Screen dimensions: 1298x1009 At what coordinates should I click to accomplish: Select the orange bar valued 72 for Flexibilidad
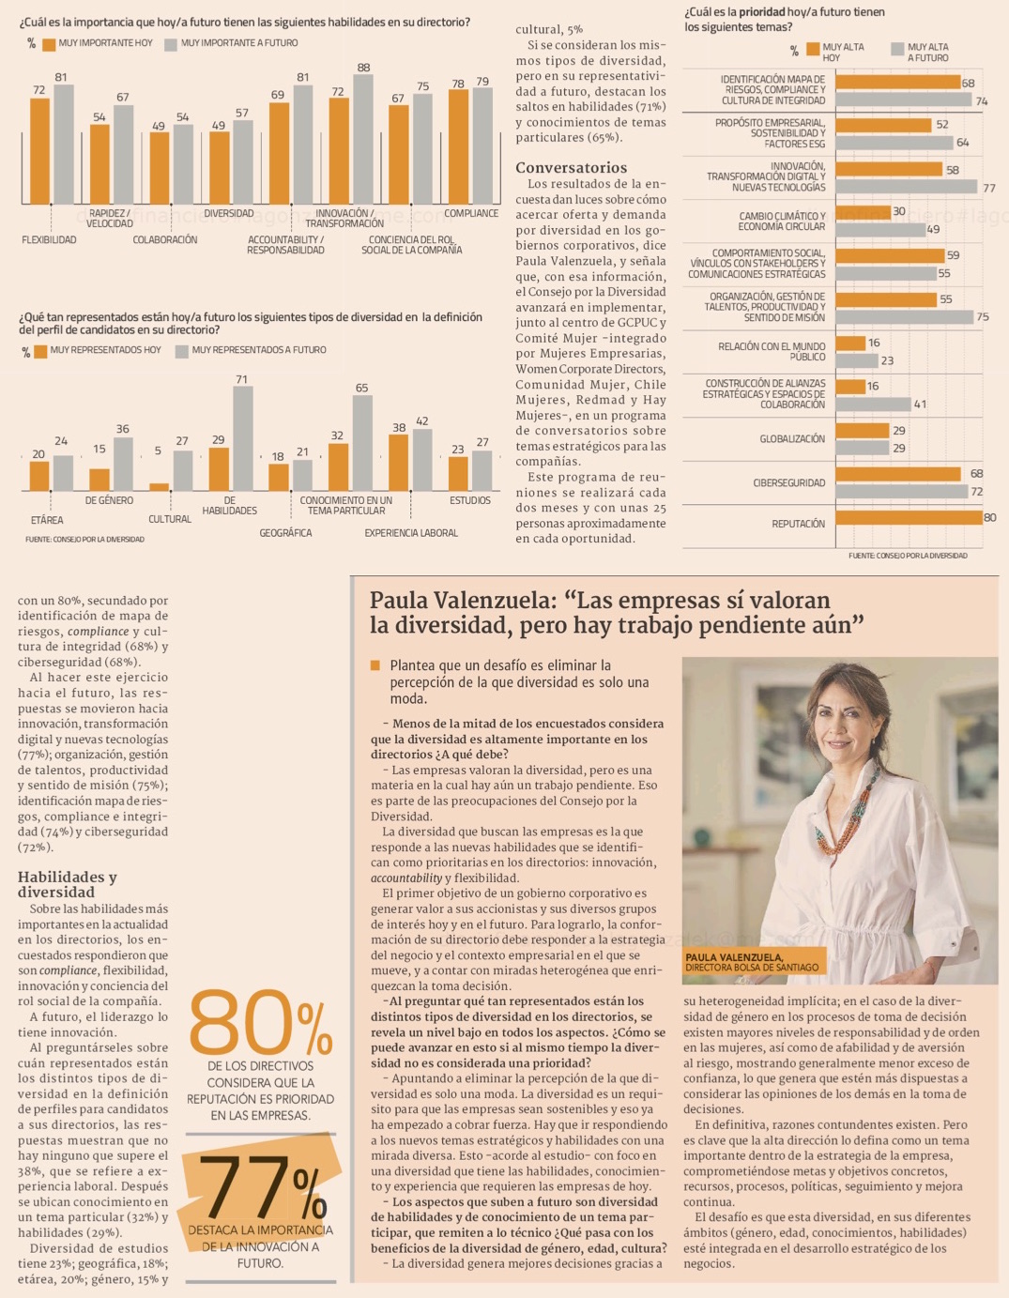pos(39,150)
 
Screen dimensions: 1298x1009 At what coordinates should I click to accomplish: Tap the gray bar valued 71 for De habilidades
pos(242,438)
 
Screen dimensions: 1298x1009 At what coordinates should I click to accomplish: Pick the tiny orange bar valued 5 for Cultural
pos(159,487)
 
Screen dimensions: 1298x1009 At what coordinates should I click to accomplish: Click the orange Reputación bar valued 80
pos(908,517)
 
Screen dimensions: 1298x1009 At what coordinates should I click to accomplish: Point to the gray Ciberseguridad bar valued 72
pos(901,492)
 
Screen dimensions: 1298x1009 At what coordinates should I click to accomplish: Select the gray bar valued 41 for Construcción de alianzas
pos(873,405)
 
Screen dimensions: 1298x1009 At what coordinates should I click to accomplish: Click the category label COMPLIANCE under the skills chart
pos(471,214)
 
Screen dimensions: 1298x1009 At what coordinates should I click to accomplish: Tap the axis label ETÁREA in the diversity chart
pos(47,520)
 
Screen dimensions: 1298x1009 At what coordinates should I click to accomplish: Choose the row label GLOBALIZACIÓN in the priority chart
pos(792,439)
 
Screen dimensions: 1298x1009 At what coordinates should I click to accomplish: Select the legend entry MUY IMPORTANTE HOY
pos(105,43)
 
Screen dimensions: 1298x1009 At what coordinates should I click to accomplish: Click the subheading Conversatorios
pos(571,168)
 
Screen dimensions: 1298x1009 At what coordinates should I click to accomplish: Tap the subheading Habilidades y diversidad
pos(68,884)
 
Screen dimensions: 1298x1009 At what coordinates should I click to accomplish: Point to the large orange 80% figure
pos(260,1022)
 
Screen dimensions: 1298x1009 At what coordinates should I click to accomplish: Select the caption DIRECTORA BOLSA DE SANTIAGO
pos(751,968)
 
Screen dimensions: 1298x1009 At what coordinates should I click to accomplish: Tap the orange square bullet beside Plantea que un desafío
pos(375,665)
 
